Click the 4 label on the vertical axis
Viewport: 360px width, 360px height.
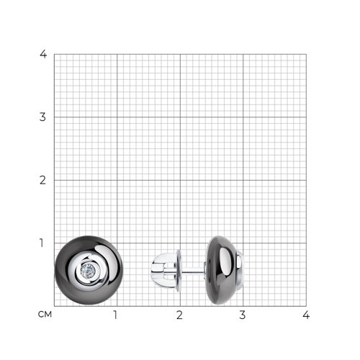tap(43, 54)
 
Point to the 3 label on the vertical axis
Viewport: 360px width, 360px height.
tap(42, 117)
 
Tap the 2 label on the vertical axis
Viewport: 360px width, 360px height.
tap(42, 180)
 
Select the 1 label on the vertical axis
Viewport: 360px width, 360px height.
tap(42, 243)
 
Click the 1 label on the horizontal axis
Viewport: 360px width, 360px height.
tap(115, 315)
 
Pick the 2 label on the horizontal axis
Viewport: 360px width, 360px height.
tap(179, 315)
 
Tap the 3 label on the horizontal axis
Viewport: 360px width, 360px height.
tap(243, 315)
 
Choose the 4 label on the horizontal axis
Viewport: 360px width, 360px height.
tap(306, 315)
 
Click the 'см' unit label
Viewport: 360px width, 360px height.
tap(45, 315)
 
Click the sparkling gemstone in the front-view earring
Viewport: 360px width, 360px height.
tap(88, 271)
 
